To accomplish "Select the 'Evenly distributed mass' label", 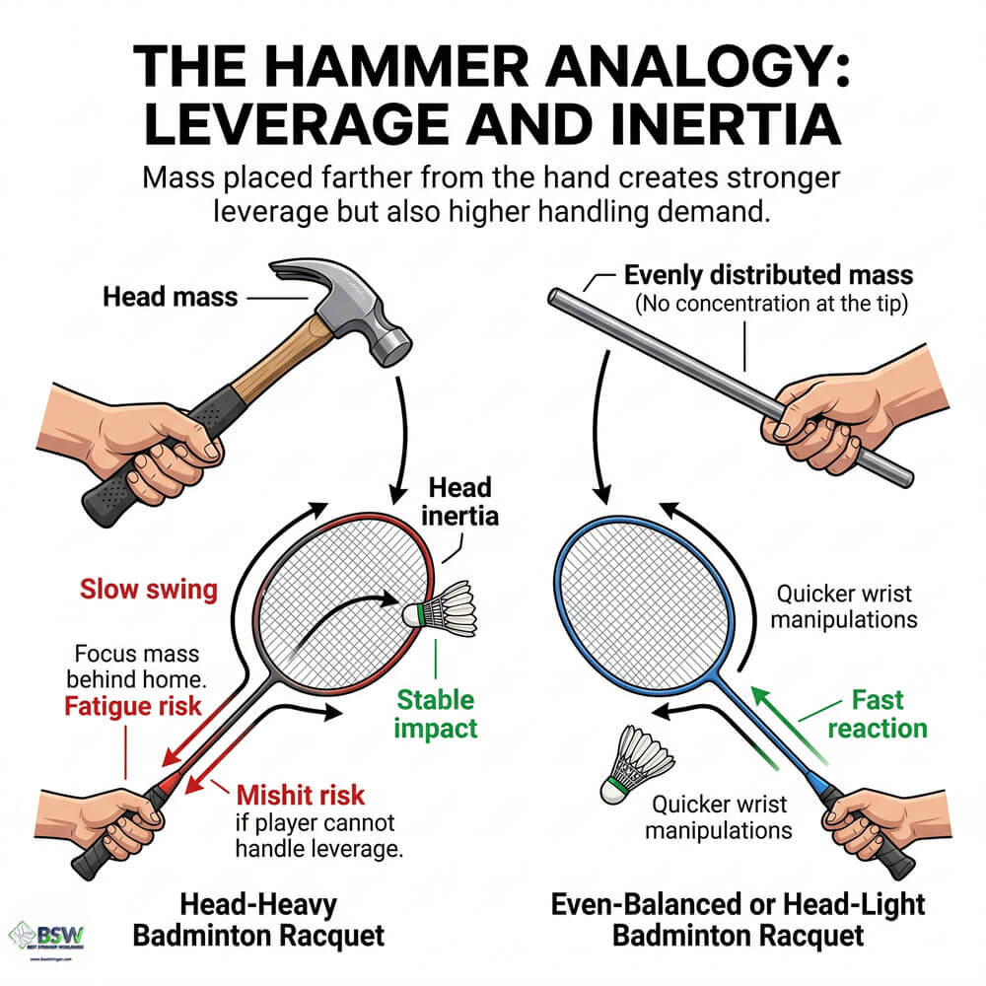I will tap(768, 275).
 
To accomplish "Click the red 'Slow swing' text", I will tap(148, 590).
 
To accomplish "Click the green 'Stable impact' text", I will tap(436, 714).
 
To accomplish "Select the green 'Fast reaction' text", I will tap(877, 714).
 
